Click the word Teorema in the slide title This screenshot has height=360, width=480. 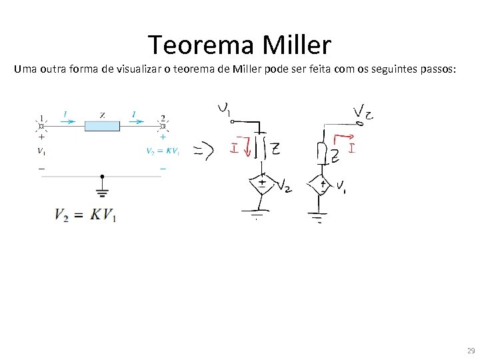click(202, 45)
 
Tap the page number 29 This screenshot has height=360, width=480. click(471, 351)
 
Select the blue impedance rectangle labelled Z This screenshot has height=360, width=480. click(102, 125)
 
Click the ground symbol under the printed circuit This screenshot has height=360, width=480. click(102, 194)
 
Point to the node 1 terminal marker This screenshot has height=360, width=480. click(41, 125)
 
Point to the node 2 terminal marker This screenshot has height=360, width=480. click(163, 125)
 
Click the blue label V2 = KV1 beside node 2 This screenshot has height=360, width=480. click(163, 151)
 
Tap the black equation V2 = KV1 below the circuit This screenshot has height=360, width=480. click(85, 215)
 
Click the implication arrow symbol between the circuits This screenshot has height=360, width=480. click(203, 152)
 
